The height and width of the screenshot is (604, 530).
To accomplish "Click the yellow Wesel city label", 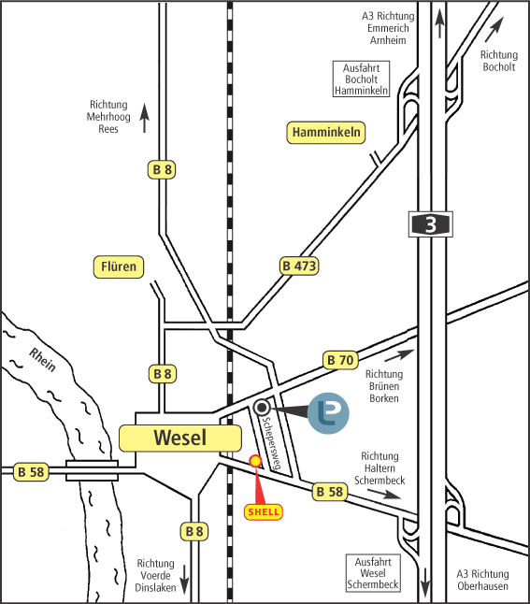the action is point(180,438).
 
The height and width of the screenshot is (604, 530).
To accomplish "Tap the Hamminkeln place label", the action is point(326,133).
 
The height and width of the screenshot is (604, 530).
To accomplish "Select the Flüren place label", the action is point(119,266).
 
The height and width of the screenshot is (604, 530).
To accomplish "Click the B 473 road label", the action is point(299,266).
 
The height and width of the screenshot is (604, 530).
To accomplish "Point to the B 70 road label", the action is point(340,360).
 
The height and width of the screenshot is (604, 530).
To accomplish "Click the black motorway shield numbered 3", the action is point(431,224).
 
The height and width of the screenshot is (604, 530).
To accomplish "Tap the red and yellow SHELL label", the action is point(264,512).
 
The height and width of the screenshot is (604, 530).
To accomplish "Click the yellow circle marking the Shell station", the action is point(255,461).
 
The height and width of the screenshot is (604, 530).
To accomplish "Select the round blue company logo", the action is point(328,413).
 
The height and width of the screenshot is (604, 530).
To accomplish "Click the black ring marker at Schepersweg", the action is point(262,407).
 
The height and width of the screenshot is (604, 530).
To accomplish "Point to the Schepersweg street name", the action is point(271,443).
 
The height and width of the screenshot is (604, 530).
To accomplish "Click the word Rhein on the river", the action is point(43,360).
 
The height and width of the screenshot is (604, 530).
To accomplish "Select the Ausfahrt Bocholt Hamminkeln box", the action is point(361,79).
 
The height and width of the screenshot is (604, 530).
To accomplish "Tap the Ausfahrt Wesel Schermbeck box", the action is point(373,573).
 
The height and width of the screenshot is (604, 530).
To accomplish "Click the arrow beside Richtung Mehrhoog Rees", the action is point(145,118).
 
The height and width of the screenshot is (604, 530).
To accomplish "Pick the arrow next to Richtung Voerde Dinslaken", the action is point(184,580).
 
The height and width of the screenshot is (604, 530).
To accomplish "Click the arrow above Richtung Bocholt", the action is point(494,30).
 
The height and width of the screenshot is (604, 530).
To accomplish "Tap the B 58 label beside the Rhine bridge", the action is point(32,472).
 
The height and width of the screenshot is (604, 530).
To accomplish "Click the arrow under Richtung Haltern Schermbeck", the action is point(384,495).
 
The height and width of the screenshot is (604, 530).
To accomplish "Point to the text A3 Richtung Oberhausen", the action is point(482,580).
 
